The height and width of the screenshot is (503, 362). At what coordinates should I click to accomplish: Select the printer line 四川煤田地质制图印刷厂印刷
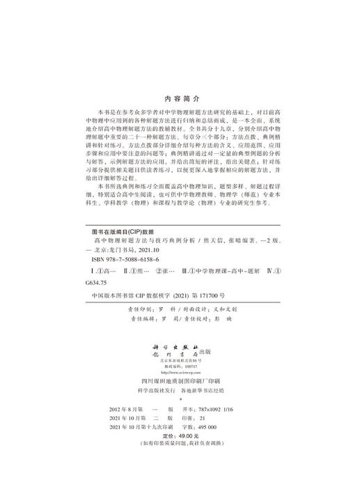coord(180,380)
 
